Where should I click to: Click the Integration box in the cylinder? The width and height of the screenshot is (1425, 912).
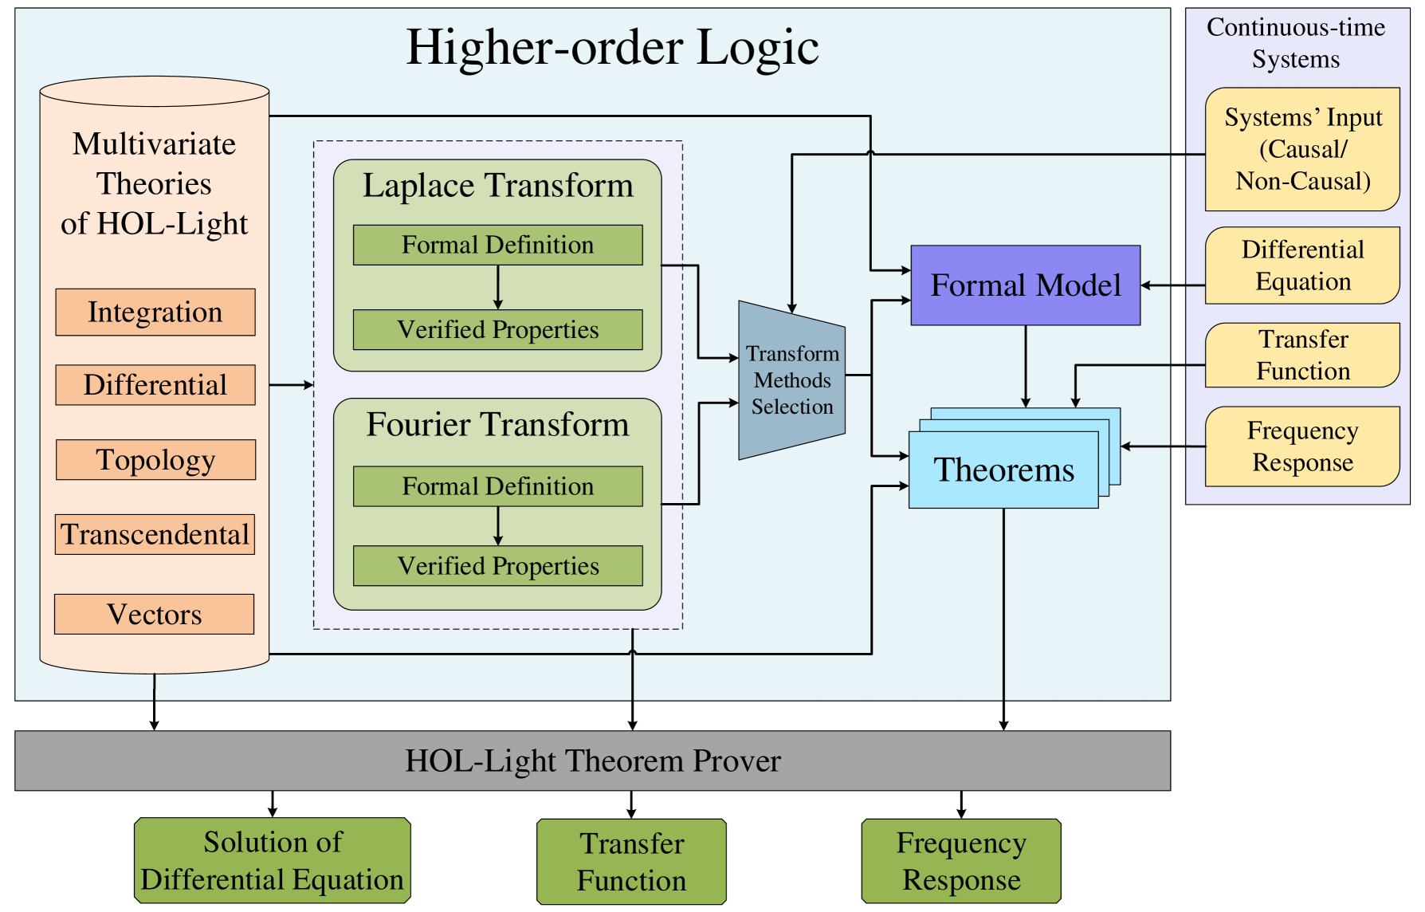(155, 312)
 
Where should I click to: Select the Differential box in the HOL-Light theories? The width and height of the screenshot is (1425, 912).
(155, 385)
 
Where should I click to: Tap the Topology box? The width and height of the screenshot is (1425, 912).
(156, 460)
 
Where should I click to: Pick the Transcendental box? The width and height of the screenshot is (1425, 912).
(155, 534)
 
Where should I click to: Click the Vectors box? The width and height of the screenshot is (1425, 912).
(155, 614)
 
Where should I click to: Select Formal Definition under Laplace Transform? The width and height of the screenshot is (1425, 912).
(498, 245)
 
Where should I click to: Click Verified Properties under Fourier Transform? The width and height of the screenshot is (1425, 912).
(498, 566)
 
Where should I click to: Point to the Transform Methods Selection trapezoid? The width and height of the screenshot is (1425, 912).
(792, 380)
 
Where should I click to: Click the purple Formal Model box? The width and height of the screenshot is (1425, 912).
(1026, 285)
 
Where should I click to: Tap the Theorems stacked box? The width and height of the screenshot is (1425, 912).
(1004, 470)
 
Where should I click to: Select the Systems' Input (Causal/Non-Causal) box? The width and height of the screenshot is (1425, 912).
(1302, 149)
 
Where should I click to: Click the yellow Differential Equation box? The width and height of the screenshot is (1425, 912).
(1302, 265)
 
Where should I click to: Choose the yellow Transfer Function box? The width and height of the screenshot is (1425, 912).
(1302, 355)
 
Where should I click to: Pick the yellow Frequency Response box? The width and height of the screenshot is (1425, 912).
(1302, 446)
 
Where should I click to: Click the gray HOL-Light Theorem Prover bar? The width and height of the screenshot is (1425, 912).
(593, 761)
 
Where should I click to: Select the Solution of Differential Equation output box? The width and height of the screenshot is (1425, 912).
(273, 860)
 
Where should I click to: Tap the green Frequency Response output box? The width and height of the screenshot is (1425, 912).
(961, 861)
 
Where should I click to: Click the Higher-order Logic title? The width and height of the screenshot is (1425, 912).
(612, 46)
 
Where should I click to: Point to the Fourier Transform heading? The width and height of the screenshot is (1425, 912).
(498, 424)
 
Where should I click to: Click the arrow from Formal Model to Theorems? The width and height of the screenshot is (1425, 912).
(1026, 367)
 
